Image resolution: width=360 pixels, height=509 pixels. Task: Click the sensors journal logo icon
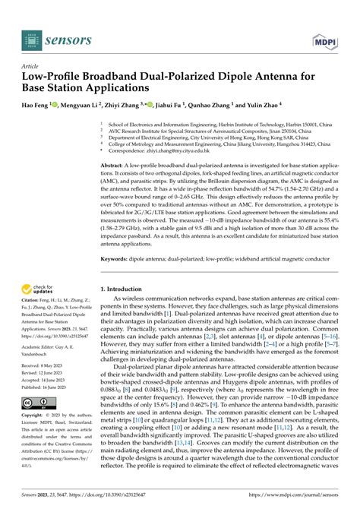[32, 36]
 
